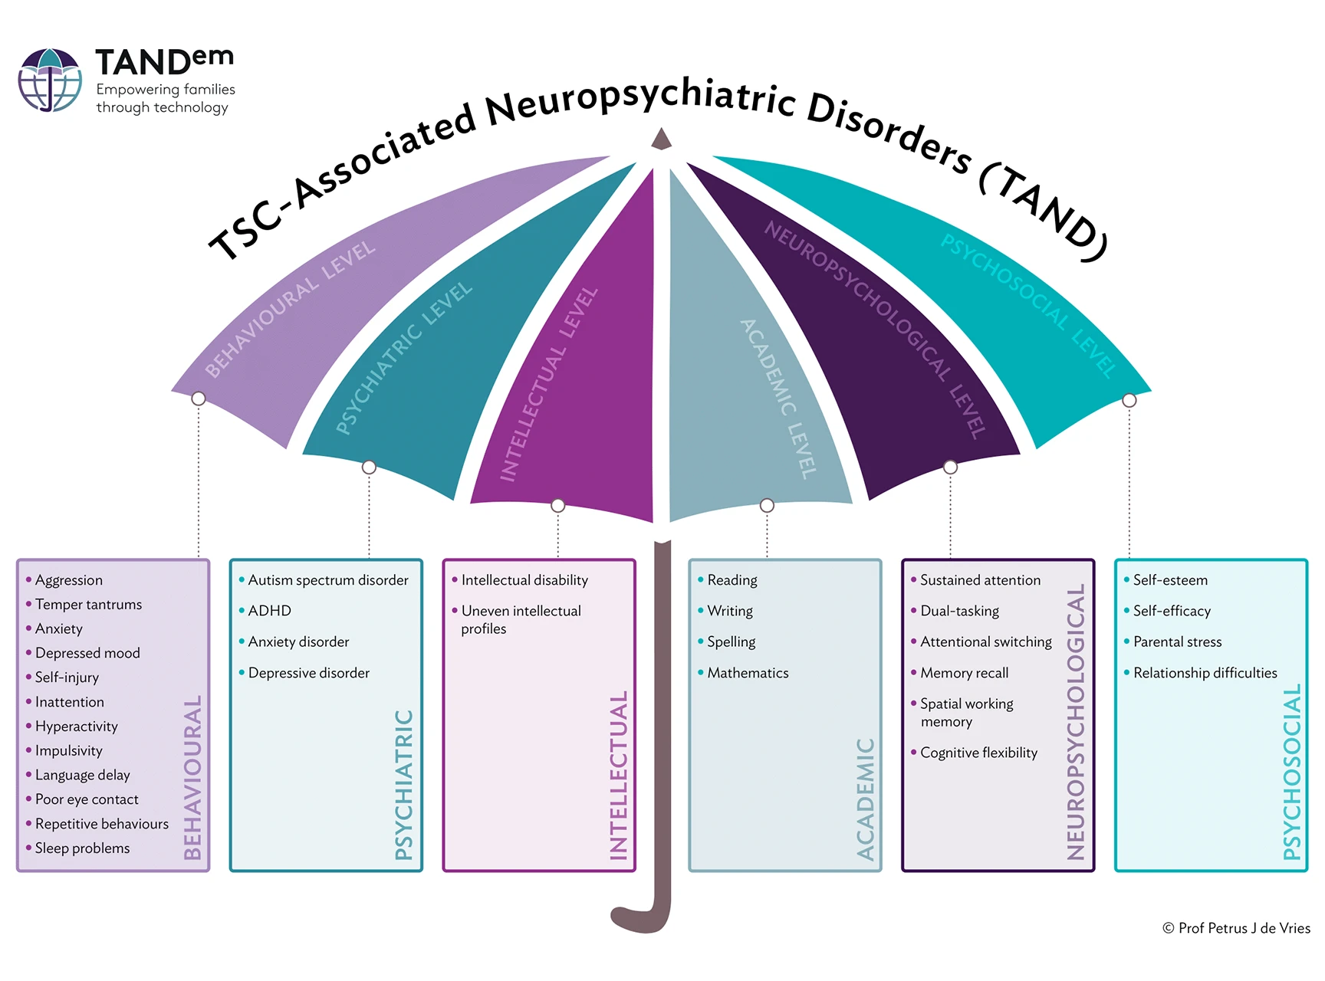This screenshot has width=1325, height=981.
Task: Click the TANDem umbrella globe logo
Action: (x=50, y=80)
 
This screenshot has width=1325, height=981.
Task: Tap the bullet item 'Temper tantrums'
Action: (x=88, y=605)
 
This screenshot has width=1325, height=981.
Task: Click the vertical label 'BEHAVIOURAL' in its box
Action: (x=192, y=777)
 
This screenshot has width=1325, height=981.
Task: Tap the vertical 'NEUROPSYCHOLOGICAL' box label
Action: (x=1076, y=722)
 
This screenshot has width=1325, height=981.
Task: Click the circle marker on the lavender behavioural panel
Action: (x=199, y=399)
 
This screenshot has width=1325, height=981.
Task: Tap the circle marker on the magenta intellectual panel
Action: (x=558, y=506)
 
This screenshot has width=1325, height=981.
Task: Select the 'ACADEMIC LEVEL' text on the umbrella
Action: (x=778, y=399)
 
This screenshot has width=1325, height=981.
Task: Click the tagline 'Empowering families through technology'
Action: (x=166, y=98)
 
